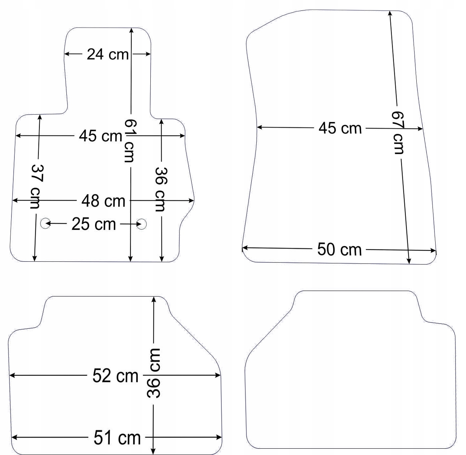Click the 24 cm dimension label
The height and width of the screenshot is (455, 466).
click(x=108, y=54)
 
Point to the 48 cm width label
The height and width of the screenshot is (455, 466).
click(x=103, y=201)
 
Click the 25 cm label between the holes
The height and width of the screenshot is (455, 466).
click(x=94, y=224)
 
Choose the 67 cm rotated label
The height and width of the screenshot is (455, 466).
click(x=398, y=132)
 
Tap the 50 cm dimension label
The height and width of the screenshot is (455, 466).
click(x=339, y=250)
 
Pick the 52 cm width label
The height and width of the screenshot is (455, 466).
click(x=115, y=376)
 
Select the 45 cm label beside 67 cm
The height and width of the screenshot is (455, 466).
click(x=340, y=128)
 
